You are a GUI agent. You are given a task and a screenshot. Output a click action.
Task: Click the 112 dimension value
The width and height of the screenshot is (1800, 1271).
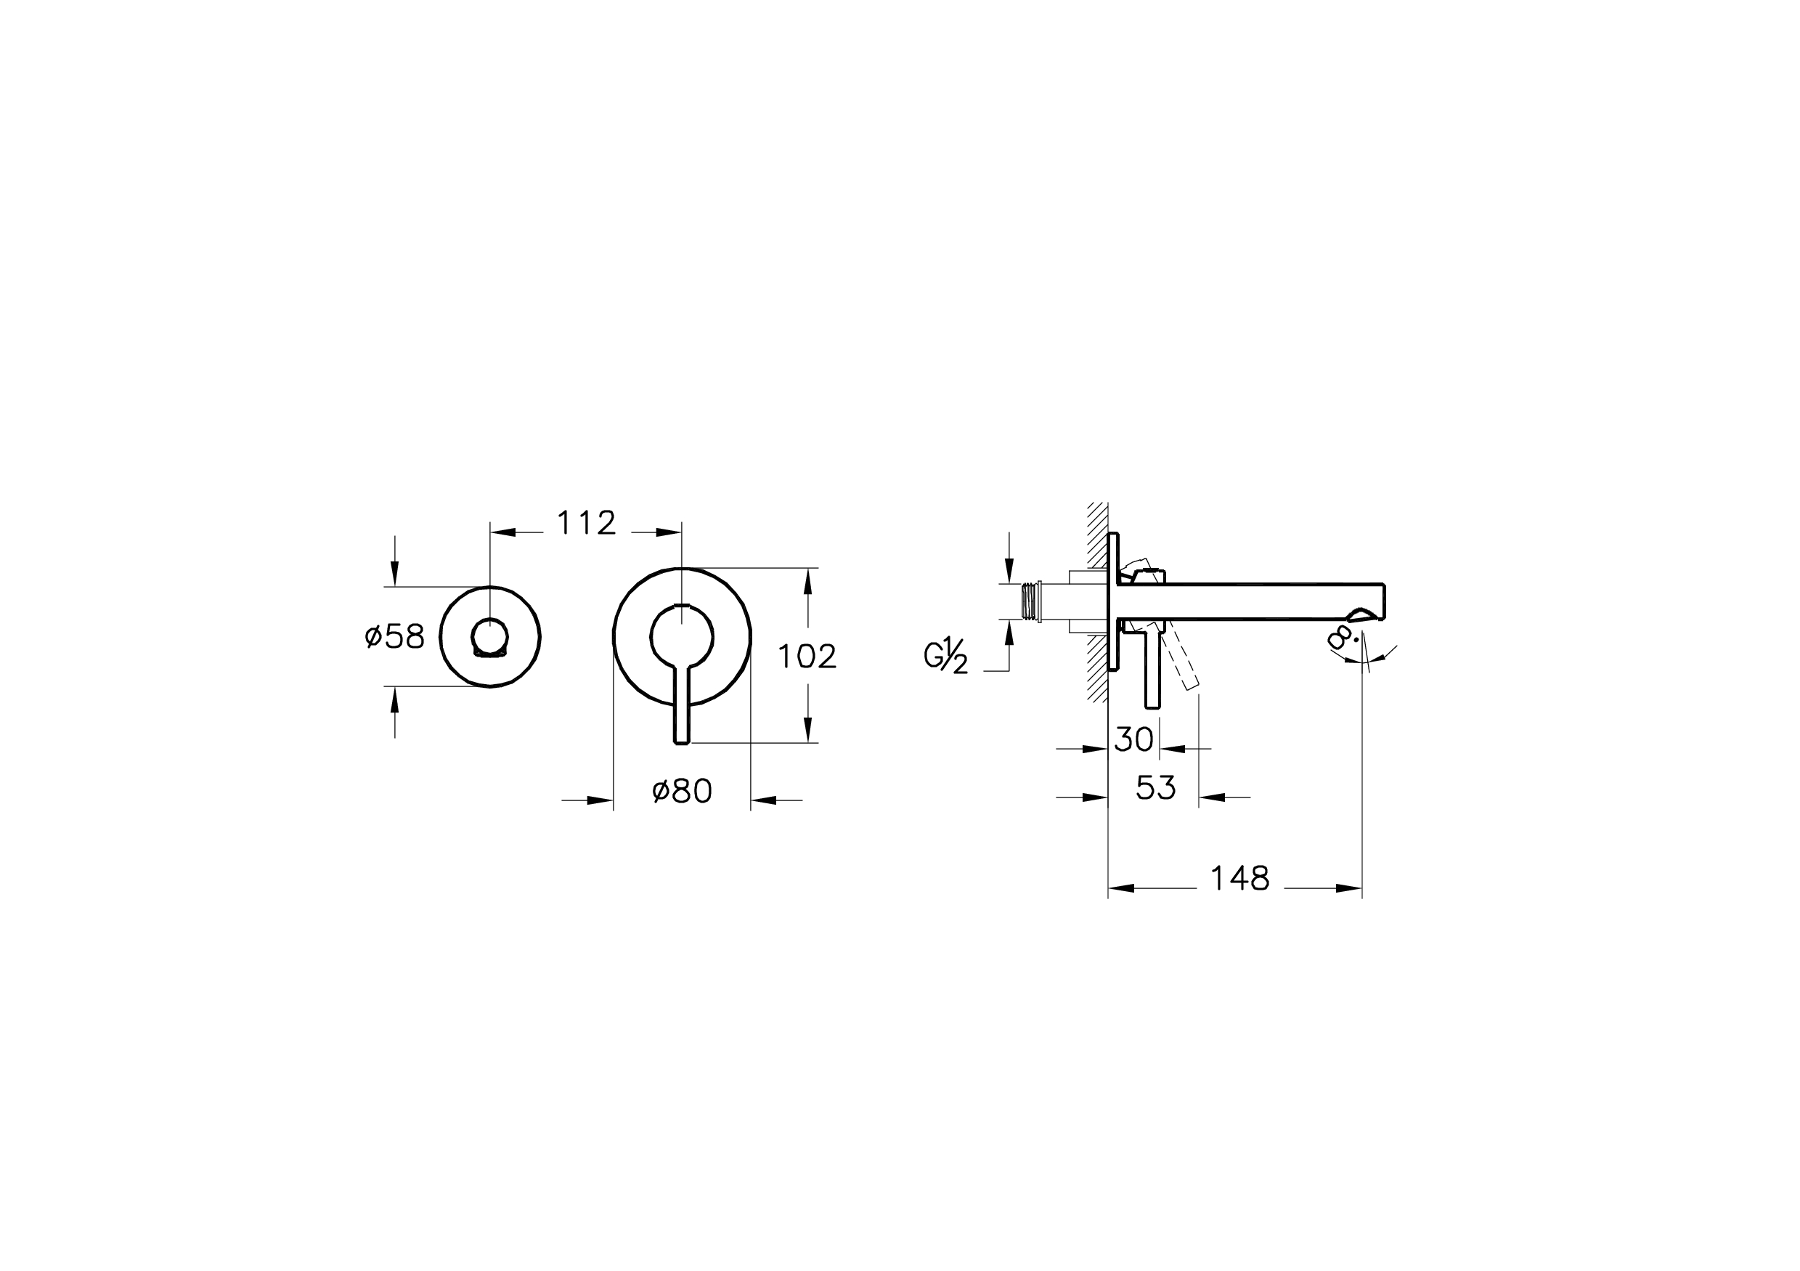pyautogui.click(x=586, y=523)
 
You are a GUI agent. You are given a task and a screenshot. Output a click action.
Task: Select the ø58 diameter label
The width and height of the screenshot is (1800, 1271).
pyautogui.click(x=394, y=637)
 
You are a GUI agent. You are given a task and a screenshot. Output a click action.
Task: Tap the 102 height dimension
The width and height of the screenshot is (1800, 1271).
pyautogui.click(x=807, y=657)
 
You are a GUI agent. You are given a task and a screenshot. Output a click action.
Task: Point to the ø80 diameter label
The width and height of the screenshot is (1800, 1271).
pyautogui.click(x=682, y=791)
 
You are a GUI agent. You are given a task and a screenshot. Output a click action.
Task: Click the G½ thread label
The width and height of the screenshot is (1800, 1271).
pyautogui.click(x=946, y=656)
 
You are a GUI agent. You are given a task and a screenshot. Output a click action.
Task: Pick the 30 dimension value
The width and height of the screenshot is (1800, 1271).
pyautogui.click(x=1133, y=739)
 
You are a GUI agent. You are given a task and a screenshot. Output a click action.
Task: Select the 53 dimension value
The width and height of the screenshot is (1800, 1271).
pyautogui.click(x=1155, y=788)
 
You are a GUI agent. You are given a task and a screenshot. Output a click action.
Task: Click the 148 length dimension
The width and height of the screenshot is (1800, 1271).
pyautogui.click(x=1239, y=878)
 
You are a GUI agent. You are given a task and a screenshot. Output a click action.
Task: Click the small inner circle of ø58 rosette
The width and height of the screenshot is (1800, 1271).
pyautogui.click(x=490, y=635)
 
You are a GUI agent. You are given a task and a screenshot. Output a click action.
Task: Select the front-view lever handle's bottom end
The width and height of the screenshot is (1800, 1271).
pyautogui.click(x=682, y=737)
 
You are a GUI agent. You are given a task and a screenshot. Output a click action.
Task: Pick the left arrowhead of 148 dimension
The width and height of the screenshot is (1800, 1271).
pyautogui.click(x=1121, y=888)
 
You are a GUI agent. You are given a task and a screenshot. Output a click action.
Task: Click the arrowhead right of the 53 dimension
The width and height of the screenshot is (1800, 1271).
pyautogui.click(x=1211, y=797)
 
